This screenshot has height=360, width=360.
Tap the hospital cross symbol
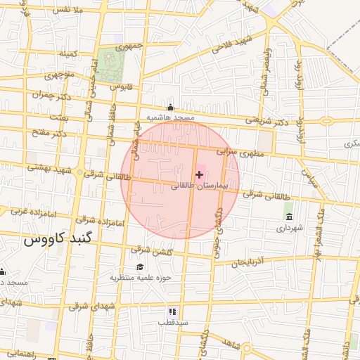(x=199, y=174)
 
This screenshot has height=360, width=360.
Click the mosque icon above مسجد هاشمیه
(x=169, y=108)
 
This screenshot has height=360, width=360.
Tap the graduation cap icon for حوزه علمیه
(x=140, y=267)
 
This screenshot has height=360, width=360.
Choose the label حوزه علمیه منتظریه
(x=140, y=278)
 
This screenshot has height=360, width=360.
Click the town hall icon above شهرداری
(x=288, y=216)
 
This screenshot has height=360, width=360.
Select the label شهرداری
(x=288, y=227)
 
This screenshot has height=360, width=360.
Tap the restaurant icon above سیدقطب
(x=172, y=311)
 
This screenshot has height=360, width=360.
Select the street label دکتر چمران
(x=52, y=94)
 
